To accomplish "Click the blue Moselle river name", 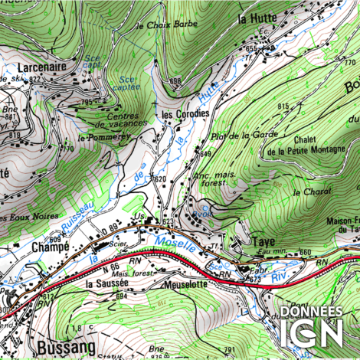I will tap(172, 244).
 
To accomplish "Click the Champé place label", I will tap(51, 247).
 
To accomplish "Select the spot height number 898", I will tap(175, 80).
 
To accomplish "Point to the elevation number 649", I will tap(205, 154).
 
